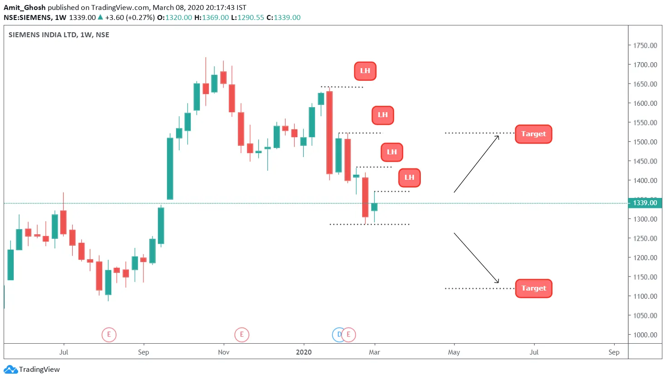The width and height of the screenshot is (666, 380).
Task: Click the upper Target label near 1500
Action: (533, 134)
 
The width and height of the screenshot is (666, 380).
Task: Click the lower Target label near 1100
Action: (533, 288)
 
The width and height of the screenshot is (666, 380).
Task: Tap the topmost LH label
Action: (365, 71)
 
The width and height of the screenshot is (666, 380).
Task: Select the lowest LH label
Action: (409, 178)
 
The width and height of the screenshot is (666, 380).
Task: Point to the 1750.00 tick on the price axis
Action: (645, 45)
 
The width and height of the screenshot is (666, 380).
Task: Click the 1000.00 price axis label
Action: (645, 335)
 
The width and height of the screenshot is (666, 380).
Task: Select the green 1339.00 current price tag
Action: (645, 203)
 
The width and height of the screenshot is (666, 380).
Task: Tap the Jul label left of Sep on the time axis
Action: (64, 352)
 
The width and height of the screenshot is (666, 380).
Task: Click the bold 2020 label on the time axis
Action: (304, 352)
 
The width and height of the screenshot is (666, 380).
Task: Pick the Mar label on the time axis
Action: (375, 352)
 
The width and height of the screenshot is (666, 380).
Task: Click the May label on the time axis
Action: (454, 352)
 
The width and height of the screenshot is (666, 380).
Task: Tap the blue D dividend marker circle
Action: (338, 335)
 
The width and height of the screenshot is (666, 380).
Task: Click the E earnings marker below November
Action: (242, 335)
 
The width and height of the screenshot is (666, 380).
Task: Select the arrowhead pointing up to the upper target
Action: (498, 137)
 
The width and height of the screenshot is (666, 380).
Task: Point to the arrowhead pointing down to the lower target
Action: (498, 281)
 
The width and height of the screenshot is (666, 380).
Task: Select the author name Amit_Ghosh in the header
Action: (25, 7)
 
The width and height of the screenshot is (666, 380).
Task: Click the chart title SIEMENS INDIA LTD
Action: (43, 35)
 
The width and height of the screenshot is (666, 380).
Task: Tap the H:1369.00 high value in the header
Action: (212, 17)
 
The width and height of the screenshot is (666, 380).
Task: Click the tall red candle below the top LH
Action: (330, 133)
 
